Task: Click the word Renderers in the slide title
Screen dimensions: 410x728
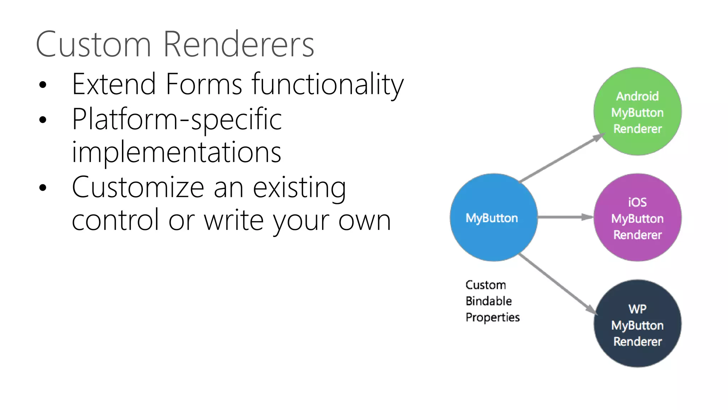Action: point(239,44)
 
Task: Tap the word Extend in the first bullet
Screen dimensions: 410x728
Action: point(114,84)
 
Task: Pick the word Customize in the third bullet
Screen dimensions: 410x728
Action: point(138,188)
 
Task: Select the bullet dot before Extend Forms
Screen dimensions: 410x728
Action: point(43,85)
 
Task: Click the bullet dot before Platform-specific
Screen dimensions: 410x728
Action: point(43,120)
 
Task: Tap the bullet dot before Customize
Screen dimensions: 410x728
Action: point(43,188)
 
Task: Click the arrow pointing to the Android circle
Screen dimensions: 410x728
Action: point(562,158)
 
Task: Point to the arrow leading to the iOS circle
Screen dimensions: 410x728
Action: point(565,217)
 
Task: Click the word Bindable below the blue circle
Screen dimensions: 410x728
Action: point(489,301)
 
